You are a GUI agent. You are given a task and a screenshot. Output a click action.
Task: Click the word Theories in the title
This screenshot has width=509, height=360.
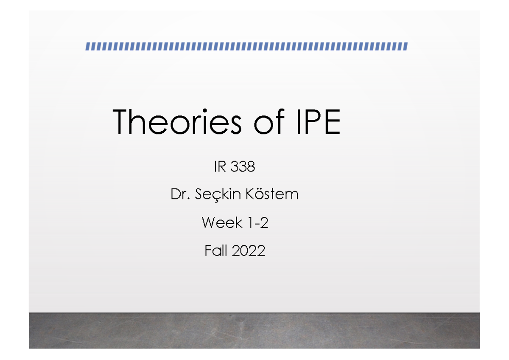tap(177, 122)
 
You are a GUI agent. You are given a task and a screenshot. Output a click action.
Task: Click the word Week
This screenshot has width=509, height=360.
tap(222, 223)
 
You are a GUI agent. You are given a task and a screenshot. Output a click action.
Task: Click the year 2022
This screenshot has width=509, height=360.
tap(249, 251)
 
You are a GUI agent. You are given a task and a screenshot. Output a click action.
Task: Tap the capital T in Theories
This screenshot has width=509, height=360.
tap(122, 122)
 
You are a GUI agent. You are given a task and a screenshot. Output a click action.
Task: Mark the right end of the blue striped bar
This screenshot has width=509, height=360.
tap(406, 46)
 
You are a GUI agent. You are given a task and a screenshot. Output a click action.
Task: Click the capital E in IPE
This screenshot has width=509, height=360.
tap(332, 122)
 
